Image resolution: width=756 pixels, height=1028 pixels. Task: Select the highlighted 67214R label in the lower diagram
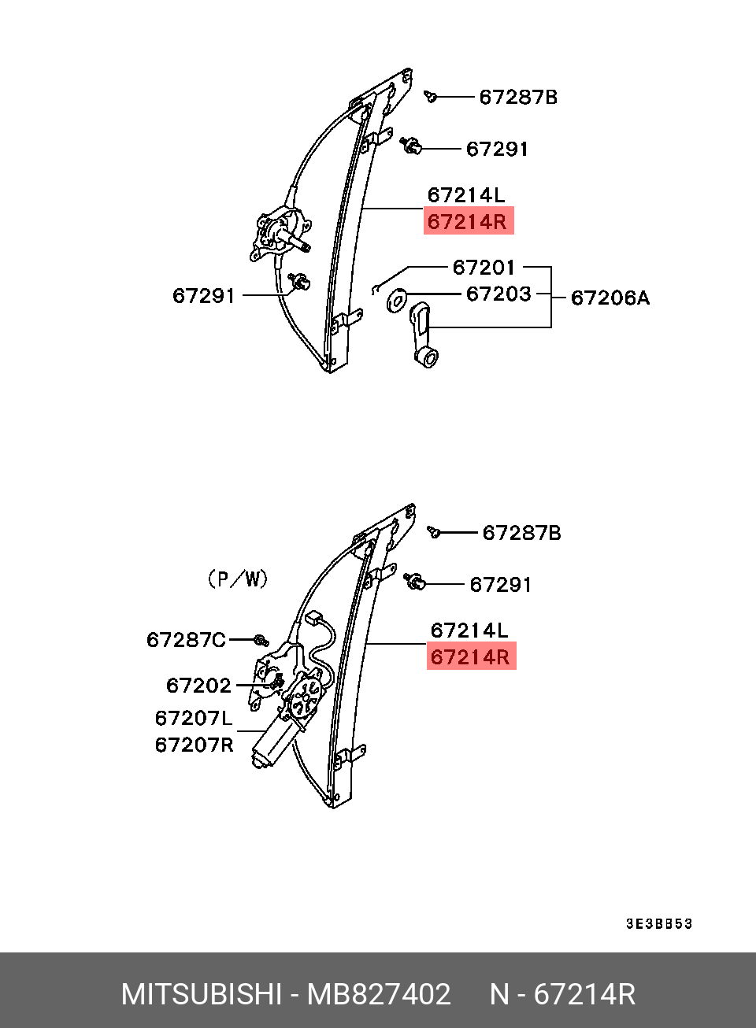(472, 656)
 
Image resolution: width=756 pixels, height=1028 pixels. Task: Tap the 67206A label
(610, 298)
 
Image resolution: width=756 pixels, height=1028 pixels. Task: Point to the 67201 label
(484, 267)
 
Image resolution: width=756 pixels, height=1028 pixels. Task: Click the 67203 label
(498, 294)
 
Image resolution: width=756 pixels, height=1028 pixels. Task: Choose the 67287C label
(186, 639)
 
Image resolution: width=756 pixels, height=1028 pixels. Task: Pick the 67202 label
(198, 686)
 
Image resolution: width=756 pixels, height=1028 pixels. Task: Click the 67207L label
(194, 718)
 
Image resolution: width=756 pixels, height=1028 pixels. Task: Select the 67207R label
(194, 745)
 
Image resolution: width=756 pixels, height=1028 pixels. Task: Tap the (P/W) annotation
(237, 579)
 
